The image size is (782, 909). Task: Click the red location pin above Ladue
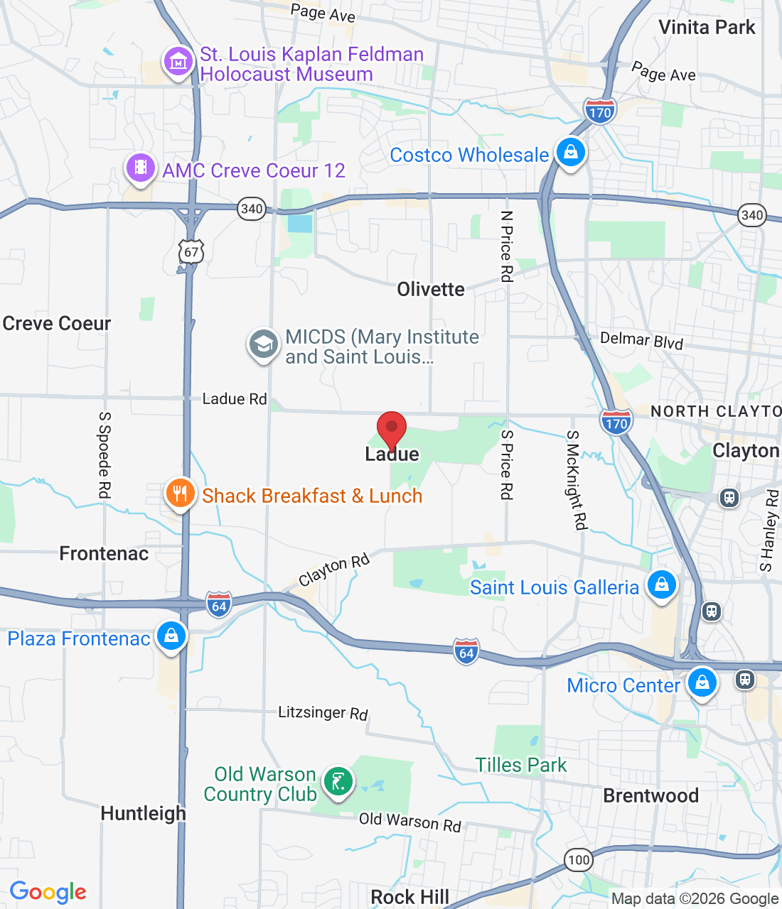coord(391,428)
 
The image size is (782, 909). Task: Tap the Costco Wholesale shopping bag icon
coord(570,152)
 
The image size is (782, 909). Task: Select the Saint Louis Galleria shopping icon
coord(661,585)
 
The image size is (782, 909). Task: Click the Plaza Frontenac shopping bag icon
coord(171,636)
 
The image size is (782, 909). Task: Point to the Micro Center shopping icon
coord(702,682)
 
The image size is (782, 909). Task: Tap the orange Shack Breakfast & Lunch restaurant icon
coord(180,493)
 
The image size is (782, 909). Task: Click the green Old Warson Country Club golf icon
coord(338,782)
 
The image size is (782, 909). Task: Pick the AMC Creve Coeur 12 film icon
coord(141,168)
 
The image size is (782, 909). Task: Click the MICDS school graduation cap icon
coord(263,344)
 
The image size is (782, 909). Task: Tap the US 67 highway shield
coord(191,252)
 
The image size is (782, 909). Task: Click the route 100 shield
coord(579,860)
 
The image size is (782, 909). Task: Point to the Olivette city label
coord(431,289)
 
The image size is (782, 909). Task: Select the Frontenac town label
coord(104,553)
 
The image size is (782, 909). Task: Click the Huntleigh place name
coord(143,813)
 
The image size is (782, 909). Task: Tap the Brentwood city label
coord(650,795)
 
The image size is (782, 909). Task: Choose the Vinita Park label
coord(707,27)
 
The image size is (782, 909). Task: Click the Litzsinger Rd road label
coord(323,712)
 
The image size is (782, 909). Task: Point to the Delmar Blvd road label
coord(641,340)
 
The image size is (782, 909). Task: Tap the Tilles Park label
coord(521,765)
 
